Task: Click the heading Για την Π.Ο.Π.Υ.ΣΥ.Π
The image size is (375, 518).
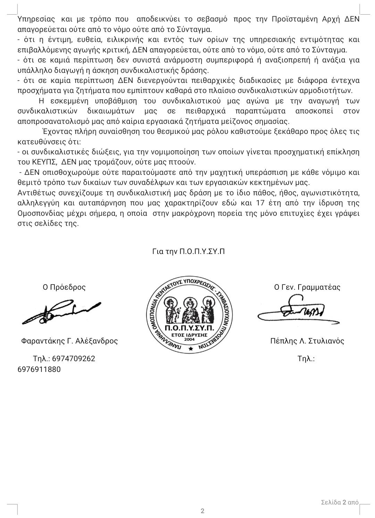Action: (x=188, y=252)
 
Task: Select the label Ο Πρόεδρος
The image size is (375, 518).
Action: (x=64, y=287)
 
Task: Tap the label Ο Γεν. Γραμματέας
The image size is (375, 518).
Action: (x=307, y=287)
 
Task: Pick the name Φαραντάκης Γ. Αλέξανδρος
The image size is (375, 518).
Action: (x=69, y=341)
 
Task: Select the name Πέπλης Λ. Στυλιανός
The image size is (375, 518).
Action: (x=307, y=341)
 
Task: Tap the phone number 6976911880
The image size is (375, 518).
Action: (x=39, y=369)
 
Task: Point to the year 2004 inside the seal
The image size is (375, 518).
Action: (x=190, y=339)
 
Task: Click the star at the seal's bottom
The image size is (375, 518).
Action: (x=190, y=351)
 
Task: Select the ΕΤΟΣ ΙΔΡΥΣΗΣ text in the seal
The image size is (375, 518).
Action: (x=190, y=335)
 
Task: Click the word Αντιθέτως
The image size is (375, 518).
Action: (x=34, y=193)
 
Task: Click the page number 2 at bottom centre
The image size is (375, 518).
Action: (x=202, y=511)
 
